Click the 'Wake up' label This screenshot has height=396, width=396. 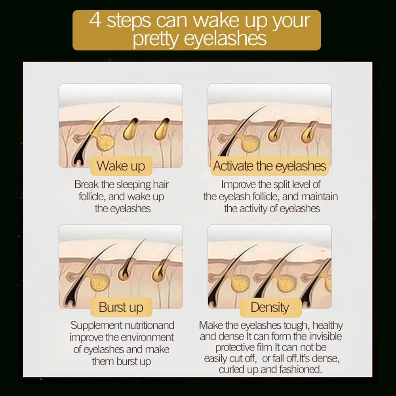point(121,166)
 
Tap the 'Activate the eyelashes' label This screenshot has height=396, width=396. point(269,166)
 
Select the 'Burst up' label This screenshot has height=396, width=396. point(121,307)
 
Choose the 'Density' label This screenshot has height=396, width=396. point(270,307)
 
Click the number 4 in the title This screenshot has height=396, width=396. point(95,21)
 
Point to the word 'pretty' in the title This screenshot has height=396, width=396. point(156,39)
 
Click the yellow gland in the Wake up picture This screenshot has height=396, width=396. point(104,142)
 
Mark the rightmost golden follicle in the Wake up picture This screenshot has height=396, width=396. point(162,129)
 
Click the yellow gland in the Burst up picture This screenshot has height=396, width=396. point(100,282)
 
